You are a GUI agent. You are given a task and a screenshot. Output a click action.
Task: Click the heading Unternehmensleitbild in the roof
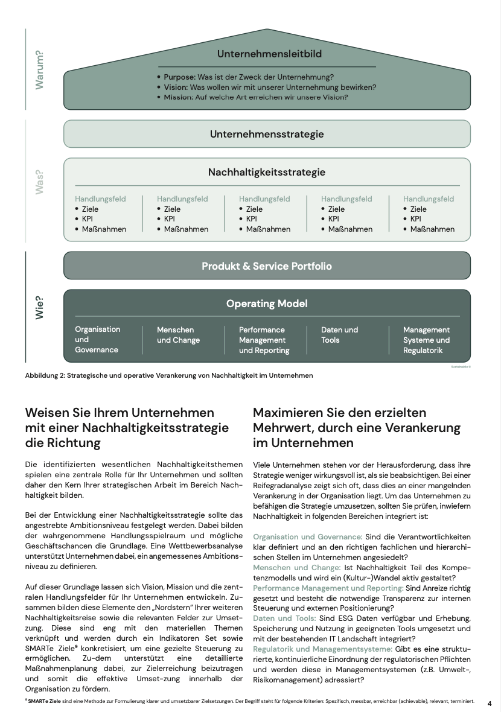[269, 54]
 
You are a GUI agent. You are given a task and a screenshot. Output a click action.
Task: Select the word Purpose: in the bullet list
[180, 77]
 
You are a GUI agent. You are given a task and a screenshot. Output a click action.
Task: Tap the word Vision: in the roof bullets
[176, 87]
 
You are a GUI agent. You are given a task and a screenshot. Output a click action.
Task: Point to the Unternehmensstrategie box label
[267, 134]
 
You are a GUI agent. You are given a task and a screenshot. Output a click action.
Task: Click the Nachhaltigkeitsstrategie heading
[267, 172]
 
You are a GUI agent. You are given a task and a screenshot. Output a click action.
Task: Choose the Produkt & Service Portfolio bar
[267, 266]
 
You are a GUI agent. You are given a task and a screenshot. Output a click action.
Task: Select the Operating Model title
[267, 304]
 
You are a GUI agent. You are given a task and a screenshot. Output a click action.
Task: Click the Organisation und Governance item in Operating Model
[98, 339]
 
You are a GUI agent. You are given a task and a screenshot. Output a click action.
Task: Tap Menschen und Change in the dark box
[178, 335]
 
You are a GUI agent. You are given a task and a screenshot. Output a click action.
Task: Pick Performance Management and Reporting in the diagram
[264, 340]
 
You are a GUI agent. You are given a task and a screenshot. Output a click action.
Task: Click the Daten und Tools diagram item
[339, 335]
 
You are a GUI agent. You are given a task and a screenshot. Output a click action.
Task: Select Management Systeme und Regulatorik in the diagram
[426, 340]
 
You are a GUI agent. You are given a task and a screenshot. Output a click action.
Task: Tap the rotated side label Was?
[40, 182]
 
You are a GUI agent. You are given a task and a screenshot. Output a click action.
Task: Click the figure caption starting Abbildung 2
[169, 375]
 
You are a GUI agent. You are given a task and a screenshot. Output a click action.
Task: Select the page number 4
[490, 703]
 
